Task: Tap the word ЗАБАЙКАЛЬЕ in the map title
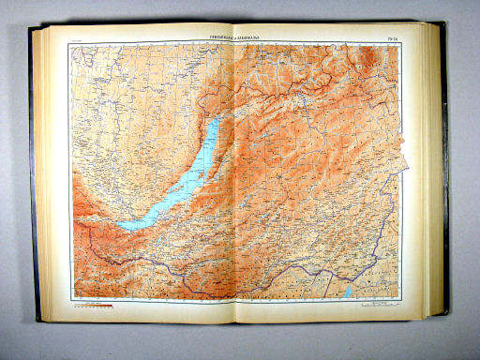pos(247,38)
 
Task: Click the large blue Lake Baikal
pos(178,187)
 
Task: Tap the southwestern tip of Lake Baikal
pos(120,225)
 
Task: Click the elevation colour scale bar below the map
pos(94,305)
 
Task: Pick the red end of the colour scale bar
pos(112,305)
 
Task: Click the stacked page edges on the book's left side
pos(38,178)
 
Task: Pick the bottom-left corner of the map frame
pos(72,299)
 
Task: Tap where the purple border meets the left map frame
pos(73,225)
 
